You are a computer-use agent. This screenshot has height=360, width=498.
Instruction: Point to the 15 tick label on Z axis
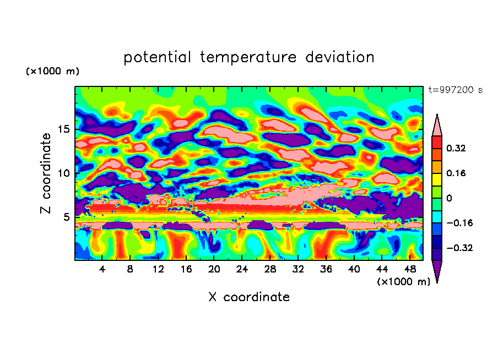coord(63,129)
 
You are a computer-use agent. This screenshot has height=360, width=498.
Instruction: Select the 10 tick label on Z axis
coord(63,173)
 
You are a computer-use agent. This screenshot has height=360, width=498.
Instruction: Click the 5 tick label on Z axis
coord(66,216)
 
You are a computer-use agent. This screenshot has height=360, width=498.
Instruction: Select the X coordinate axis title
coord(249,297)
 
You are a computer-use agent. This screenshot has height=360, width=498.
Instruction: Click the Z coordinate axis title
coord(46,173)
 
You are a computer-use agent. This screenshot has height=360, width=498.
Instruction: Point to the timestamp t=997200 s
coord(455,90)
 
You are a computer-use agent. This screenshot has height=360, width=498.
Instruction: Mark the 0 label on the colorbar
coord(448,198)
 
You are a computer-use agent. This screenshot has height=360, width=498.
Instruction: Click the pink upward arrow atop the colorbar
coord(437,125)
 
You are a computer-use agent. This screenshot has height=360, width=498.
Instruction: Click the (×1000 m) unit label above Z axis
coord(52,72)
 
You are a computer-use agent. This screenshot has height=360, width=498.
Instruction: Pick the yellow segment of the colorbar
coord(437,179)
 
